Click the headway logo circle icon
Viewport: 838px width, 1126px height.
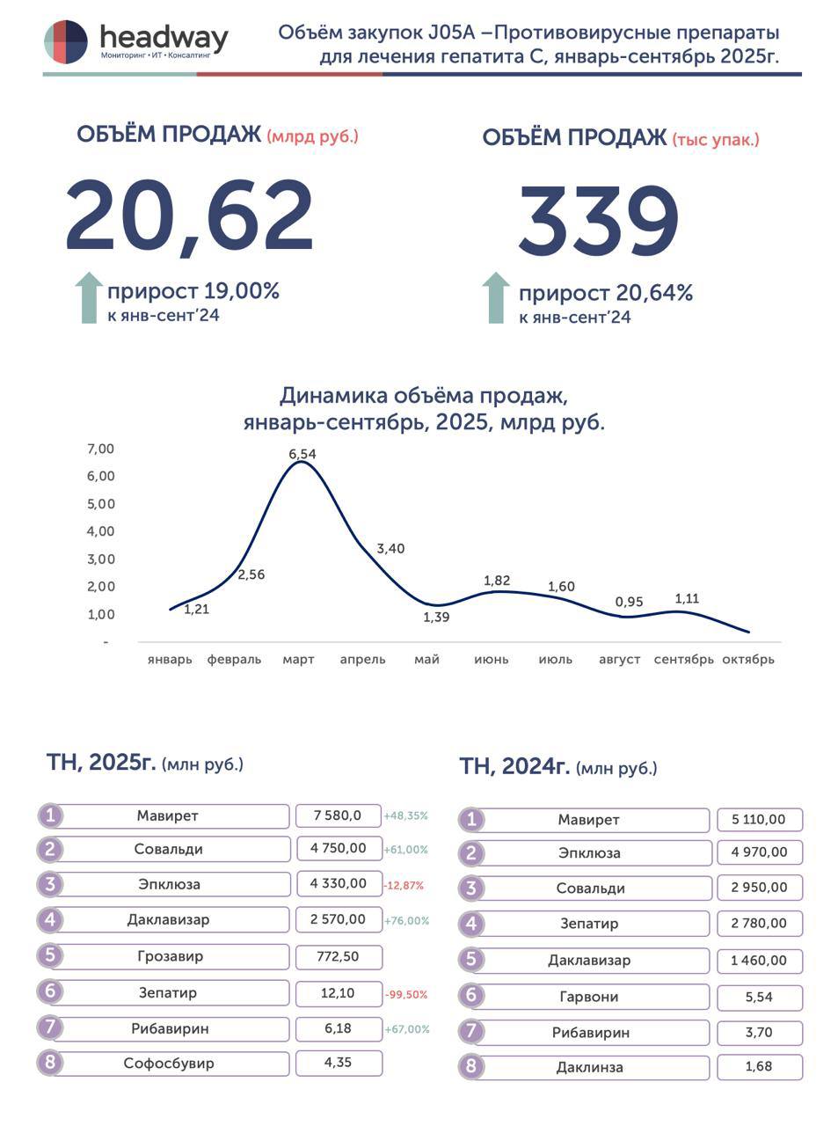pyautogui.click(x=66, y=41)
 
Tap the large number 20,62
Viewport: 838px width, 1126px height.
pyautogui.click(x=190, y=216)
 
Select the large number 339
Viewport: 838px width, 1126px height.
pyautogui.click(x=599, y=221)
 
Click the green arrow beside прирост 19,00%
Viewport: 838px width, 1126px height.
pyautogui.click(x=89, y=297)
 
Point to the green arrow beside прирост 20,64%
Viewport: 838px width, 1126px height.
pyautogui.click(x=496, y=297)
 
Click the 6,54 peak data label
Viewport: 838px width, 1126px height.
pyautogui.click(x=302, y=454)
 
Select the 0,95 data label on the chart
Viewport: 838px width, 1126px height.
pyautogui.click(x=629, y=602)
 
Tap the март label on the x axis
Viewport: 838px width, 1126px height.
pyautogui.click(x=298, y=659)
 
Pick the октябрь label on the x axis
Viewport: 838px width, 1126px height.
pyautogui.click(x=747, y=659)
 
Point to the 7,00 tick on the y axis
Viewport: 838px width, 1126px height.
pyautogui.click(x=101, y=449)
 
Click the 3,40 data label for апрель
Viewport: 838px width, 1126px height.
pyautogui.click(x=390, y=549)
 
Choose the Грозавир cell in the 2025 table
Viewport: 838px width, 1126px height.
pyautogui.click(x=170, y=956)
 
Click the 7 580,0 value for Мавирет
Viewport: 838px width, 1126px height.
pyautogui.click(x=338, y=815)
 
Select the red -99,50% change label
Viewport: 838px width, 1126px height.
pyautogui.click(x=406, y=994)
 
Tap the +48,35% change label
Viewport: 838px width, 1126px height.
pyautogui.click(x=405, y=815)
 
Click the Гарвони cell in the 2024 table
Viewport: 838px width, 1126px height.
pyautogui.click(x=588, y=997)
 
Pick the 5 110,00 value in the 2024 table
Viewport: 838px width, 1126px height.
pyautogui.click(x=758, y=819)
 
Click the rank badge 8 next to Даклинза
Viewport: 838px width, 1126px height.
pyautogui.click(x=471, y=1067)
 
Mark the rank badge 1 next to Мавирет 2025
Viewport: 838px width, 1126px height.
pyautogui.click(x=50, y=815)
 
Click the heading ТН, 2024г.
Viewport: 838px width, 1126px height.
pyautogui.click(x=514, y=766)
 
